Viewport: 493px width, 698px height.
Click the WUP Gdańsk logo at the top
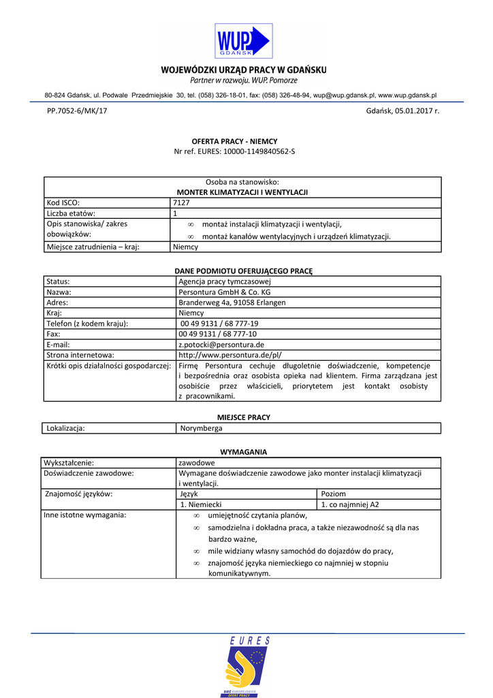click(x=243, y=41)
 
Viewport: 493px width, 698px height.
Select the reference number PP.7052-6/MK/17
click(x=77, y=110)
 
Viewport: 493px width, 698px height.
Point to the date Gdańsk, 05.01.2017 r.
click(x=402, y=110)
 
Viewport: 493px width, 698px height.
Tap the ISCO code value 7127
click(x=181, y=202)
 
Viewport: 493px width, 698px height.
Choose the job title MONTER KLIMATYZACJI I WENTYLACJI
click(x=242, y=192)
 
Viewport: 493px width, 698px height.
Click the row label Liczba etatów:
click(x=68, y=213)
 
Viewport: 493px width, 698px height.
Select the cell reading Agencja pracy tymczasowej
click(x=224, y=281)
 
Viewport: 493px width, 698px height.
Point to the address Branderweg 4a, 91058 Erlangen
click(x=232, y=303)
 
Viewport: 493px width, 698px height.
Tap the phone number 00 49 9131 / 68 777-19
click(x=219, y=324)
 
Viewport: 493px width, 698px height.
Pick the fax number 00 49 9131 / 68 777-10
click(x=218, y=334)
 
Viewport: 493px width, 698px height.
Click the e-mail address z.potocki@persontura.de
click(x=221, y=344)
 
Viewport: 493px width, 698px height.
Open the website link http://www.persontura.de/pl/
click(x=229, y=355)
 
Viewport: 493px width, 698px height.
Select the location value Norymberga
click(x=201, y=428)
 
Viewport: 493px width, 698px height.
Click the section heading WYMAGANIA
click(x=243, y=452)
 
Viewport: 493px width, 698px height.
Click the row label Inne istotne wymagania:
click(x=84, y=515)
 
